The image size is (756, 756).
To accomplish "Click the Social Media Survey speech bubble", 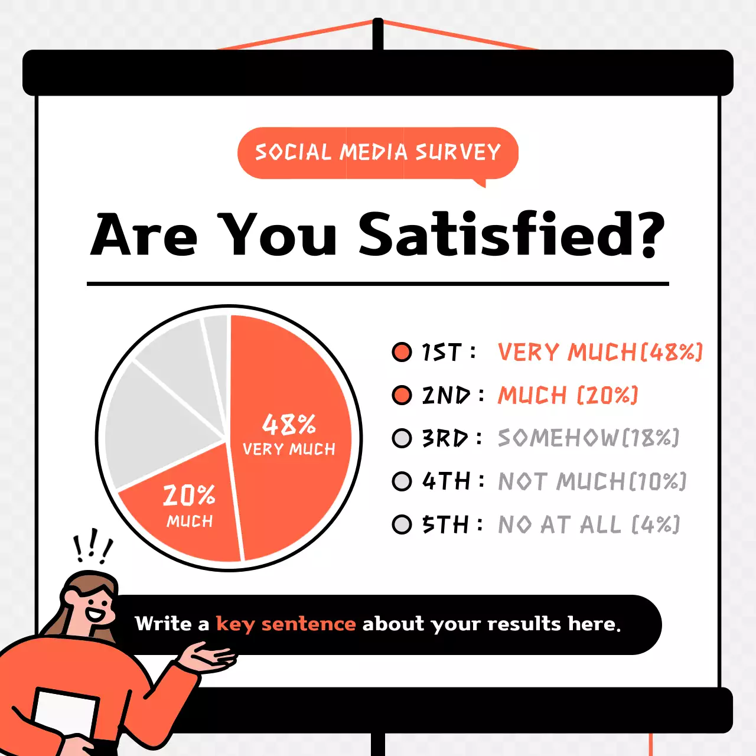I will [x=377, y=152].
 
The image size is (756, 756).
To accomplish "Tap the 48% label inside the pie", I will [x=289, y=424].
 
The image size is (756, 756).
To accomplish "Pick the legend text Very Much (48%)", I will [x=599, y=352].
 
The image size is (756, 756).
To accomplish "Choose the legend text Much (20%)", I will [x=568, y=395].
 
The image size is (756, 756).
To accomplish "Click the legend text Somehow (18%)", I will [x=588, y=438].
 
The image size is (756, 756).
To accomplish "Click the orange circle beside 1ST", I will [x=402, y=352].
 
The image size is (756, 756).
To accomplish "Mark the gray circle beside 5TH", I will [x=402, y=524].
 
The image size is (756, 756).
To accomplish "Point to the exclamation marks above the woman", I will [x=92, y=548].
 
